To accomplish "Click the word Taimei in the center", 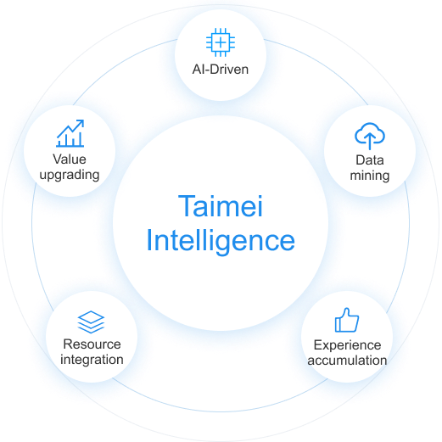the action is (x=221, y=206).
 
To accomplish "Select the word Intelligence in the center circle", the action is (x=221, y=241).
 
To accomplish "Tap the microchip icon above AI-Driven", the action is (x=221, y=42).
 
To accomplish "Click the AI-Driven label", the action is (x=221, y=70).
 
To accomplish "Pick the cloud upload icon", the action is (x=370, y=136).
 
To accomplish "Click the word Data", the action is (x=370, y=160).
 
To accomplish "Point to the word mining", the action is (x=370, y=176).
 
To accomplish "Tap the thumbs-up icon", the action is (x=347, y=320).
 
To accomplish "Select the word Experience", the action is (x=347, y=345).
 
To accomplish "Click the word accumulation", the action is (x=347, y=361).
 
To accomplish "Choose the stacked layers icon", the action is (x=91, y=322).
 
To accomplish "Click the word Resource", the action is (x=92, y=344).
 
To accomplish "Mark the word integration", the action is (x=92, y=360).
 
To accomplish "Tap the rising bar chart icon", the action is (x=70, y=133).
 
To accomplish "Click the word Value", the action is (x=70, y=159).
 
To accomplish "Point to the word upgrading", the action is (x=70, y=175).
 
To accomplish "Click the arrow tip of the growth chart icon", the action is (x=83, y=120).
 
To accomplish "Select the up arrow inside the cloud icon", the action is (x=370, y=141).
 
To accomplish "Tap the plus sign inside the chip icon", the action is (x=221, y=42).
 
